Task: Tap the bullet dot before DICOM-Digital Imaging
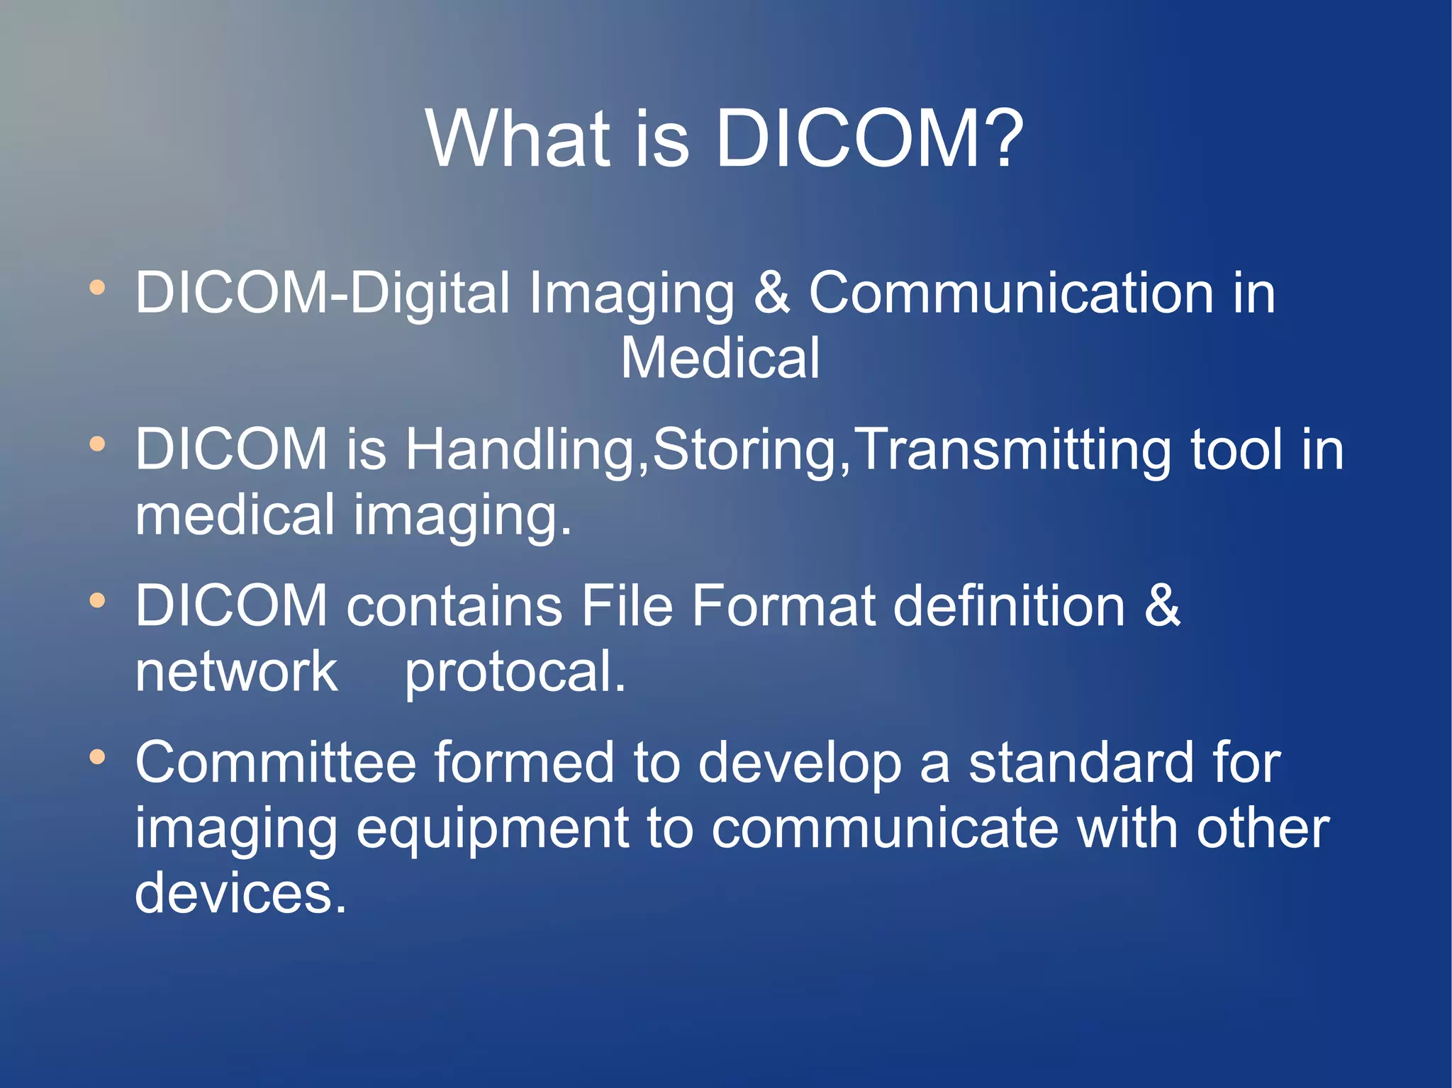(97, 288)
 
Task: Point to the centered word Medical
(720, 358)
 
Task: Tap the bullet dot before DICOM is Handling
(97, 444)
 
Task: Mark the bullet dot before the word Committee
(97, 757)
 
